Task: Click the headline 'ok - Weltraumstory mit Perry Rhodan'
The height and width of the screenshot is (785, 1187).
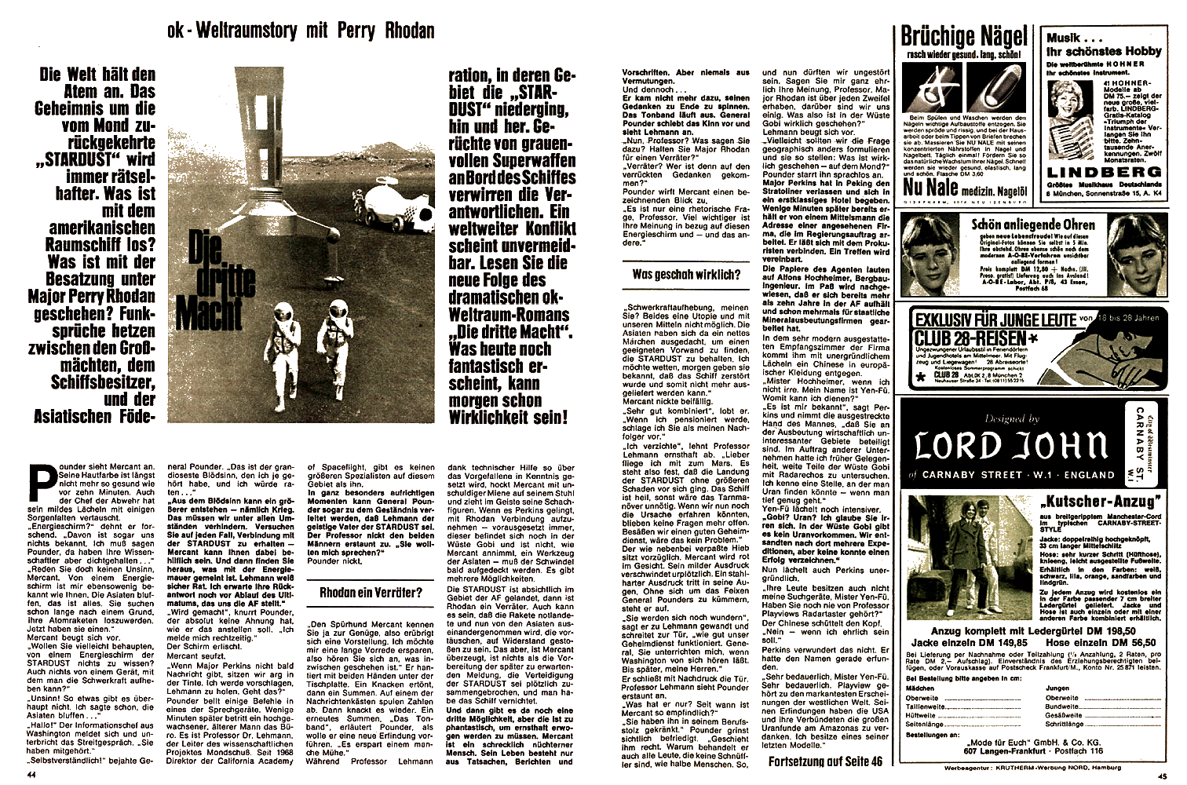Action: [x=301, y=31]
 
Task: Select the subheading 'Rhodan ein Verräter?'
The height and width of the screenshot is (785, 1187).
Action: [x=371, y=593]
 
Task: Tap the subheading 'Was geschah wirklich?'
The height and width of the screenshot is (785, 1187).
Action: [x=686, y=274]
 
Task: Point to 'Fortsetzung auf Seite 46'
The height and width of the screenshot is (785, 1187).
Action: [x=825, y=761]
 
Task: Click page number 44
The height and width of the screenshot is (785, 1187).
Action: [x=32, y=774]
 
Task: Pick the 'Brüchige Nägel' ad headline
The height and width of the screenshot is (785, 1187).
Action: [x=963, y=36]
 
